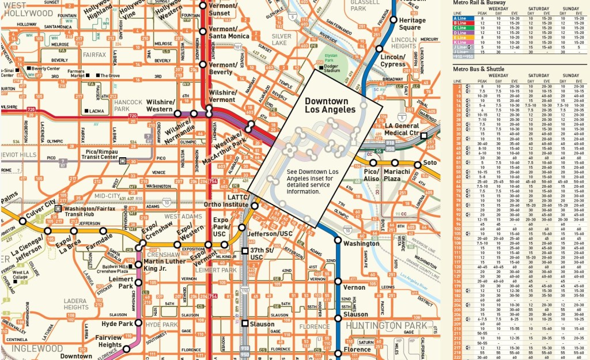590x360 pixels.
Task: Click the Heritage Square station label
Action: pyautogui.click(x=413, y=24)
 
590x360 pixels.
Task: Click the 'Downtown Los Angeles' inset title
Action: pyautogui.click(x=330, y=104)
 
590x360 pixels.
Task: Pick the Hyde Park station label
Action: pyautogui.click(x=117, y=324)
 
